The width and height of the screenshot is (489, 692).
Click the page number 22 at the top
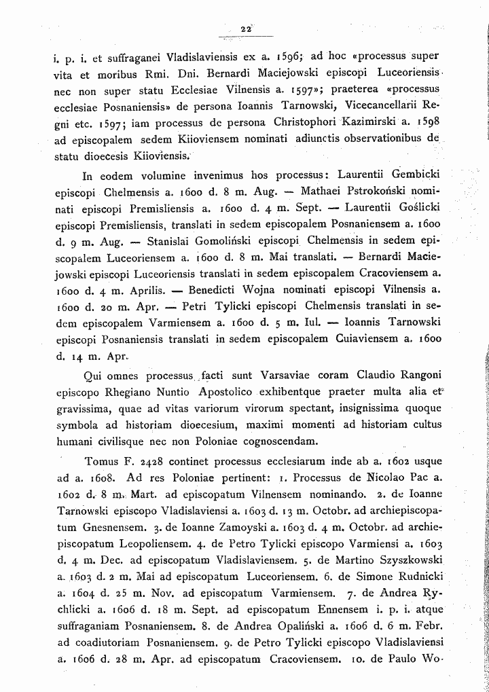click(245, 28)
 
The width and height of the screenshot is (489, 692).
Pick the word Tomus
click(100, 458)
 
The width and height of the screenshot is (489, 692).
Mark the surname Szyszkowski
click(390, 559)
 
